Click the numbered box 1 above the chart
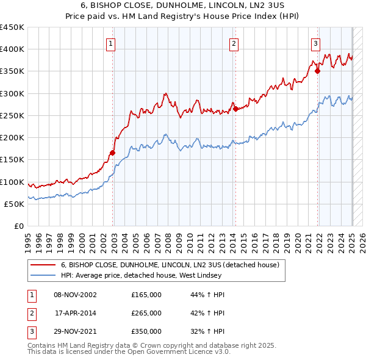(110, 43)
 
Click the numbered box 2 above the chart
(234, 43)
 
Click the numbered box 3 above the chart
(315, 43)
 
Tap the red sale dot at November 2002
(113, 153)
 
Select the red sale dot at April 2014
(235, 109)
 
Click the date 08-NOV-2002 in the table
(75, 295)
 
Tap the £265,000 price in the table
(146, 313)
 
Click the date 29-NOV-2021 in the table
(75, 331)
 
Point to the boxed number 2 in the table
(30, 313)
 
